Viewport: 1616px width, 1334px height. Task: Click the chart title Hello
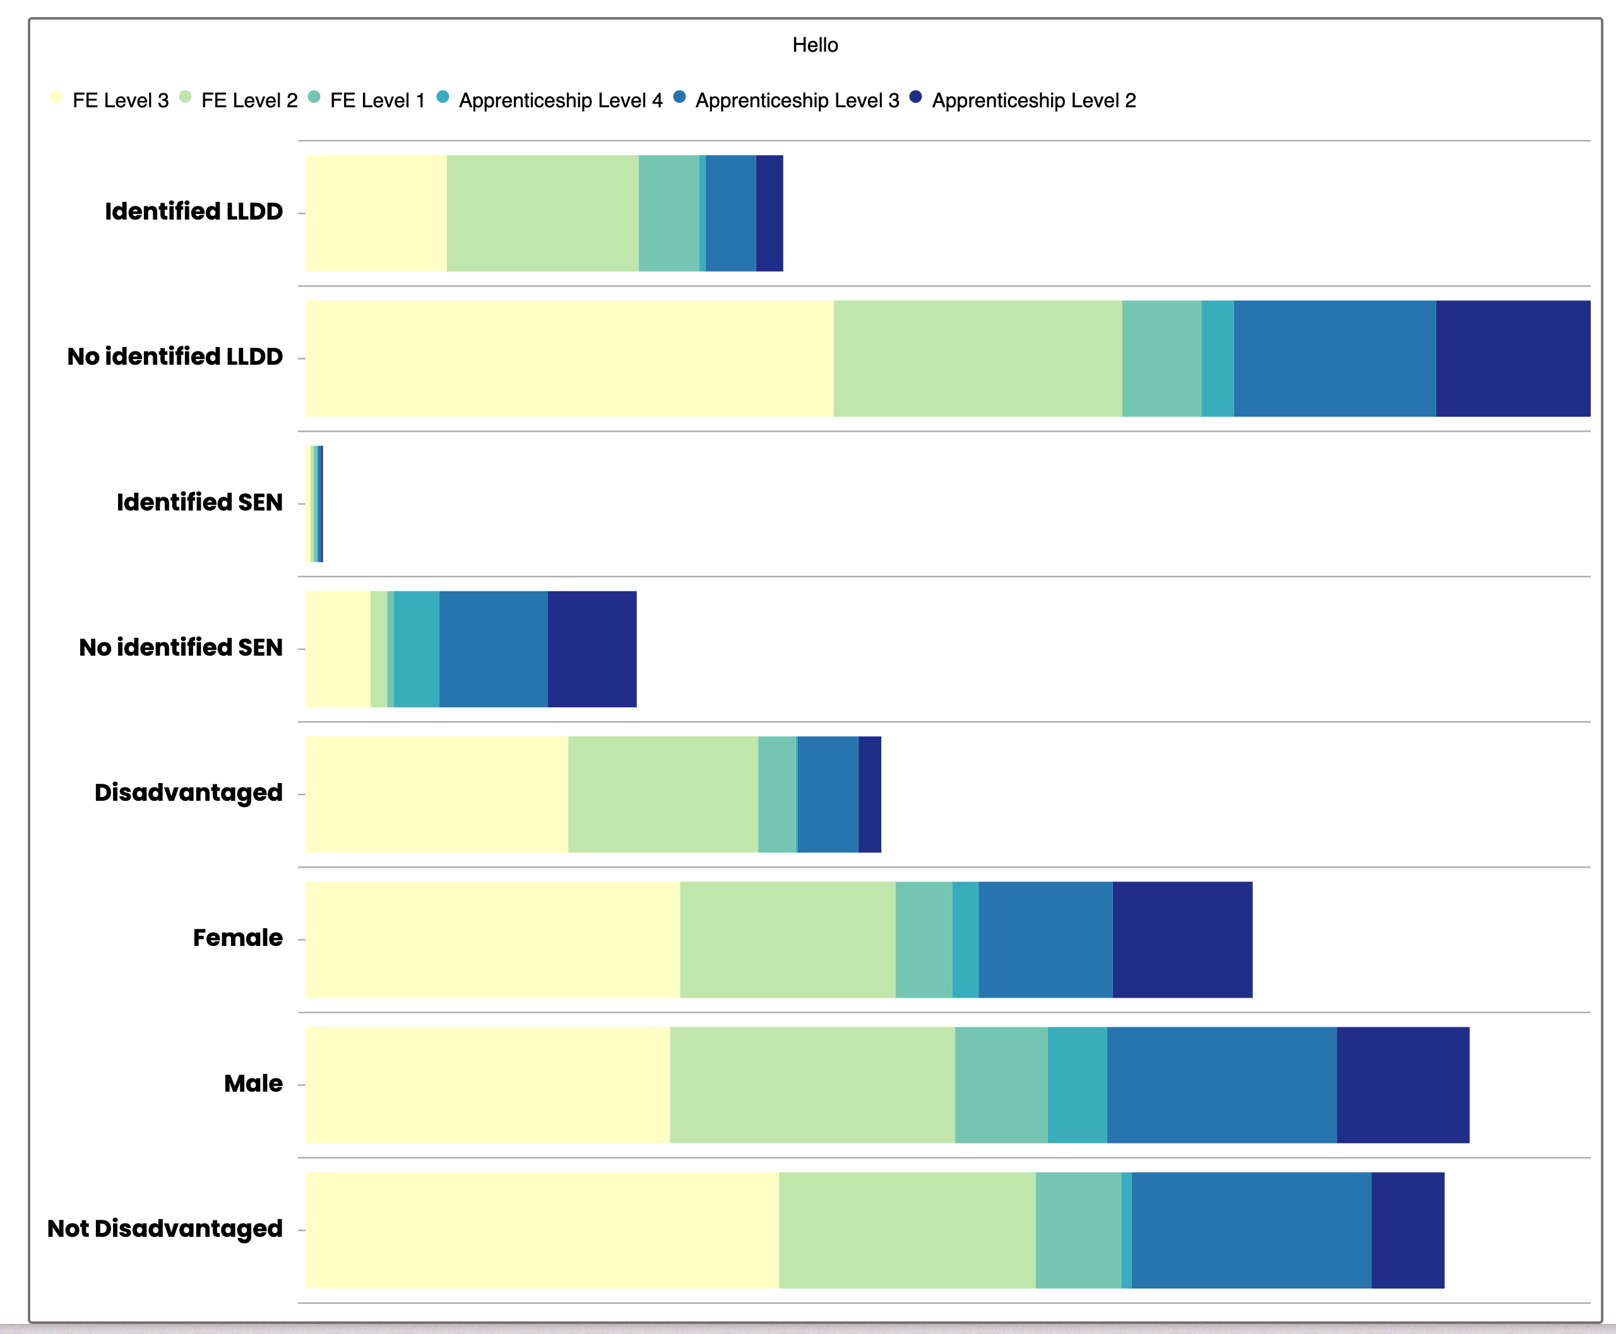(x=815, y=45)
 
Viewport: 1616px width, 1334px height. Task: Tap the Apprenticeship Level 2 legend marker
(x=915, y=97)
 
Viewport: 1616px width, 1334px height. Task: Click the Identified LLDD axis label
(x=194, y=211)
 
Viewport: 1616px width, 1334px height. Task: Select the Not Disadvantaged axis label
(x=165, y=1228)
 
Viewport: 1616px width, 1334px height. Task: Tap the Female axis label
(x=237, y=938)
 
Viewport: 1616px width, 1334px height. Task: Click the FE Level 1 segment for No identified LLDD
(x=1161, y=358)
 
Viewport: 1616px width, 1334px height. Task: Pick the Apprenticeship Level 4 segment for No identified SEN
(x=416, y=649)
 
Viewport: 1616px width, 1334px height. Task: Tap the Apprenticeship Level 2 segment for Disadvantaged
(x=869, y=794)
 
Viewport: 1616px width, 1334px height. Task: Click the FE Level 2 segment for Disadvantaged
(x=663, y=794)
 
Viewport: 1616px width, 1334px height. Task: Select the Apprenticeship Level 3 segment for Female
(x=1045, y=939)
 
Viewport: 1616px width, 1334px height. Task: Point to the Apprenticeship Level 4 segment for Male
(x=1076, y=1084)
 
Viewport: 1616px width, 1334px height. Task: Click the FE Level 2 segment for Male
(x=812, y=1084)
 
